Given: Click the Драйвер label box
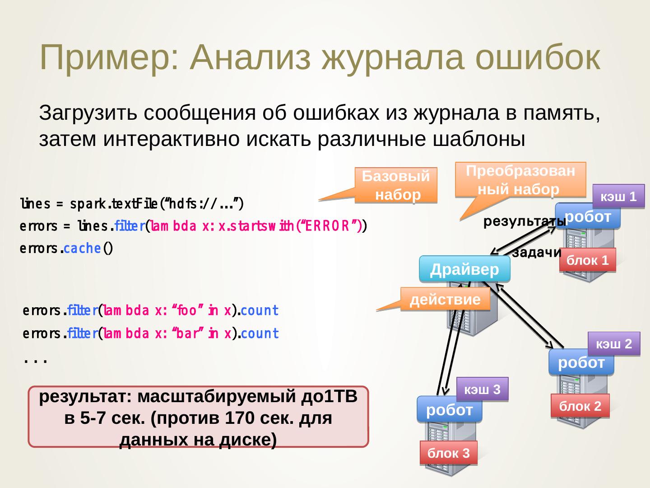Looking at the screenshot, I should point(464,269).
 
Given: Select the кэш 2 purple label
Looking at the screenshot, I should point(614,344).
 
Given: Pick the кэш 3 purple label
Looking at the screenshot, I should point(482,389).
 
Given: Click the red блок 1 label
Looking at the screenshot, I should point(587,260).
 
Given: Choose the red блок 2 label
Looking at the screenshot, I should point(580,406).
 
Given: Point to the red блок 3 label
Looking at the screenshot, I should point(448,453).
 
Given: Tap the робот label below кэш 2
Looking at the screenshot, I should point(581,362).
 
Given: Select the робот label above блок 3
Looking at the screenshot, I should point(449,409).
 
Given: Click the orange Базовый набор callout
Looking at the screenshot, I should point(396,185).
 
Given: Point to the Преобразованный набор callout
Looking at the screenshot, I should point(520,180).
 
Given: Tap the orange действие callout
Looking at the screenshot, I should point(445,300).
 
